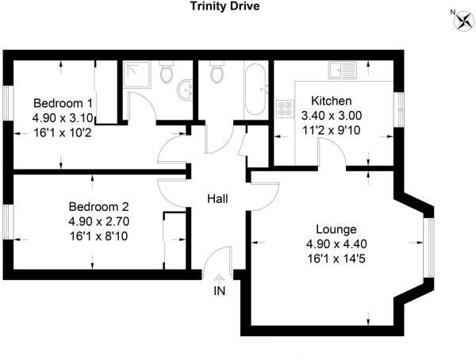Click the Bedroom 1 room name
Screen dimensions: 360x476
63,103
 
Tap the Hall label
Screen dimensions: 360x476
218,198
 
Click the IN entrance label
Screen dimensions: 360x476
220,291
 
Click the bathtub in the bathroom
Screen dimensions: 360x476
255,88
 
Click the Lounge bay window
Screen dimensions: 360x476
429,242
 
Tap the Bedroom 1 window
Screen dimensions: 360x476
7,103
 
